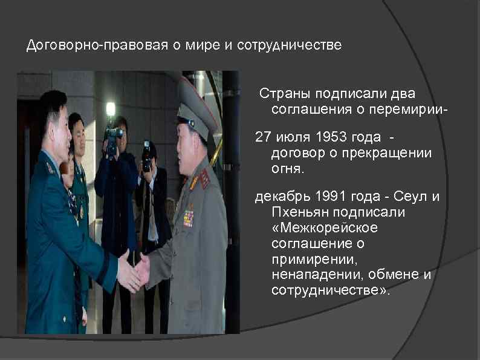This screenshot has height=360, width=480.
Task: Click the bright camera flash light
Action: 111,109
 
